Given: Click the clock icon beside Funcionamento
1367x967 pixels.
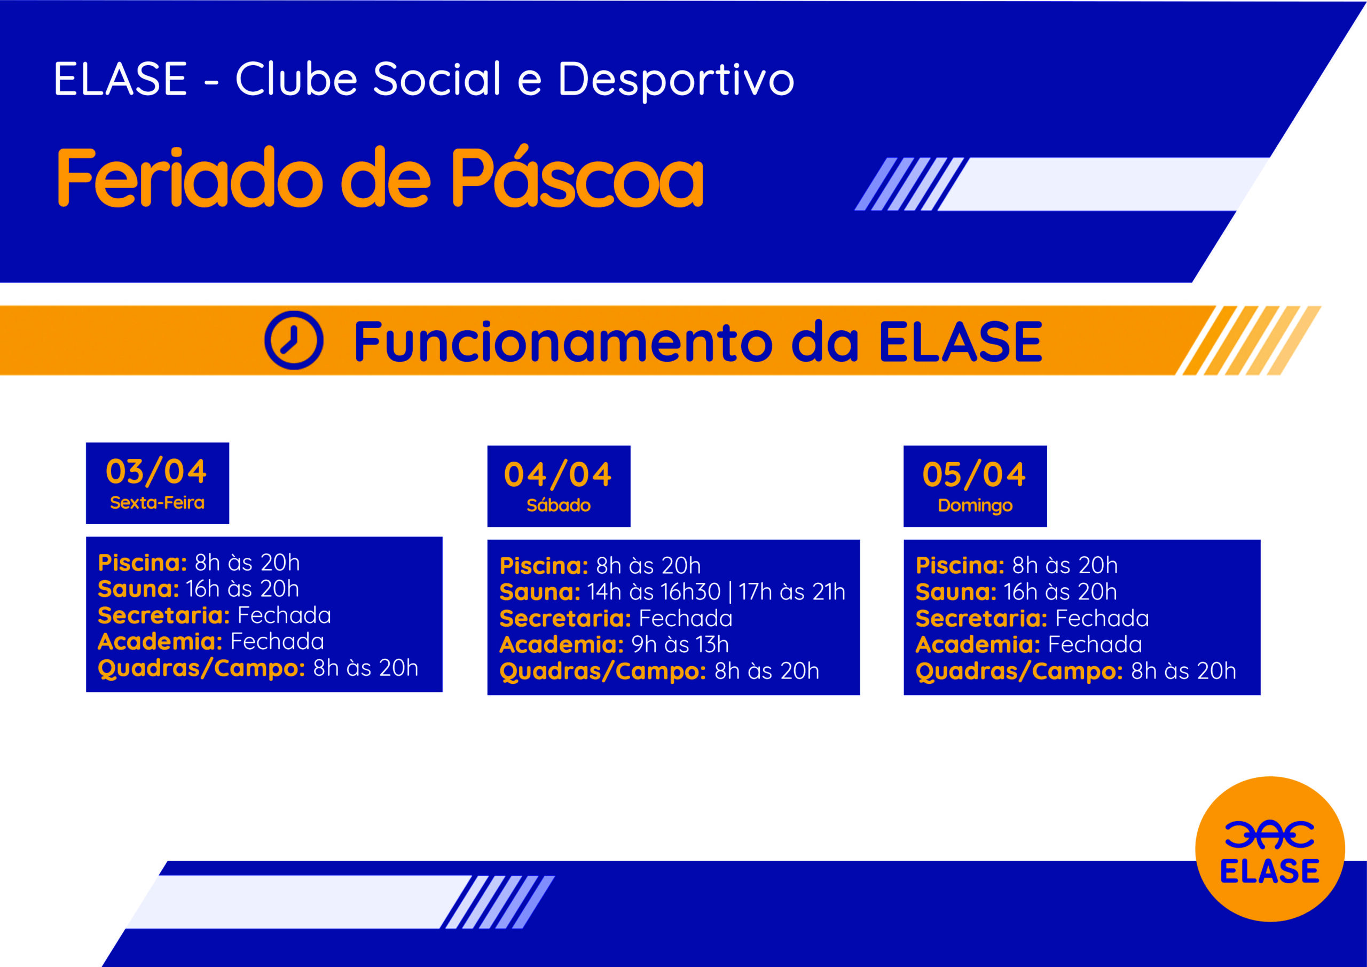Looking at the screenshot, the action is point(294,340).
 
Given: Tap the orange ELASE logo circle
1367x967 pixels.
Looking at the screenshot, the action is point(1270,849).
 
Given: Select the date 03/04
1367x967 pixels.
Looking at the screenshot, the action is point(156,472).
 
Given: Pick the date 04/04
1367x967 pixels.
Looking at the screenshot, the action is point(558,475).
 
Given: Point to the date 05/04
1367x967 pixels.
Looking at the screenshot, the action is point(974,475).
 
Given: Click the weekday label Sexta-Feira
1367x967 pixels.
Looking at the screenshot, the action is point(157,503).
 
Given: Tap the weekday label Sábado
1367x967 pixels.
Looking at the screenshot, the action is point(559,505).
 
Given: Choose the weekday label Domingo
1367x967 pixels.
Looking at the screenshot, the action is point(975,506).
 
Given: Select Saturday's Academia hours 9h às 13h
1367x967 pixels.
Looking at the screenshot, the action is point(680,644).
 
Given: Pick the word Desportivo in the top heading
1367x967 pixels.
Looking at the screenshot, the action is point(677,79).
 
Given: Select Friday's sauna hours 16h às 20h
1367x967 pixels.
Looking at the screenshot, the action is point(242,589).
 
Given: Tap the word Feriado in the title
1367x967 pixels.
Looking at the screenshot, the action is point(190,177).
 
